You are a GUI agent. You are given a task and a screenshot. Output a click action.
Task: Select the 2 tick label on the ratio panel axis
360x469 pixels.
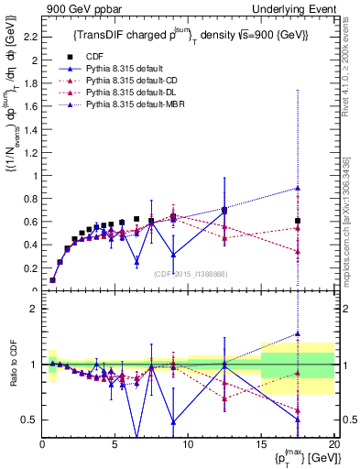pyautogui.click(x=34, y=309)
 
